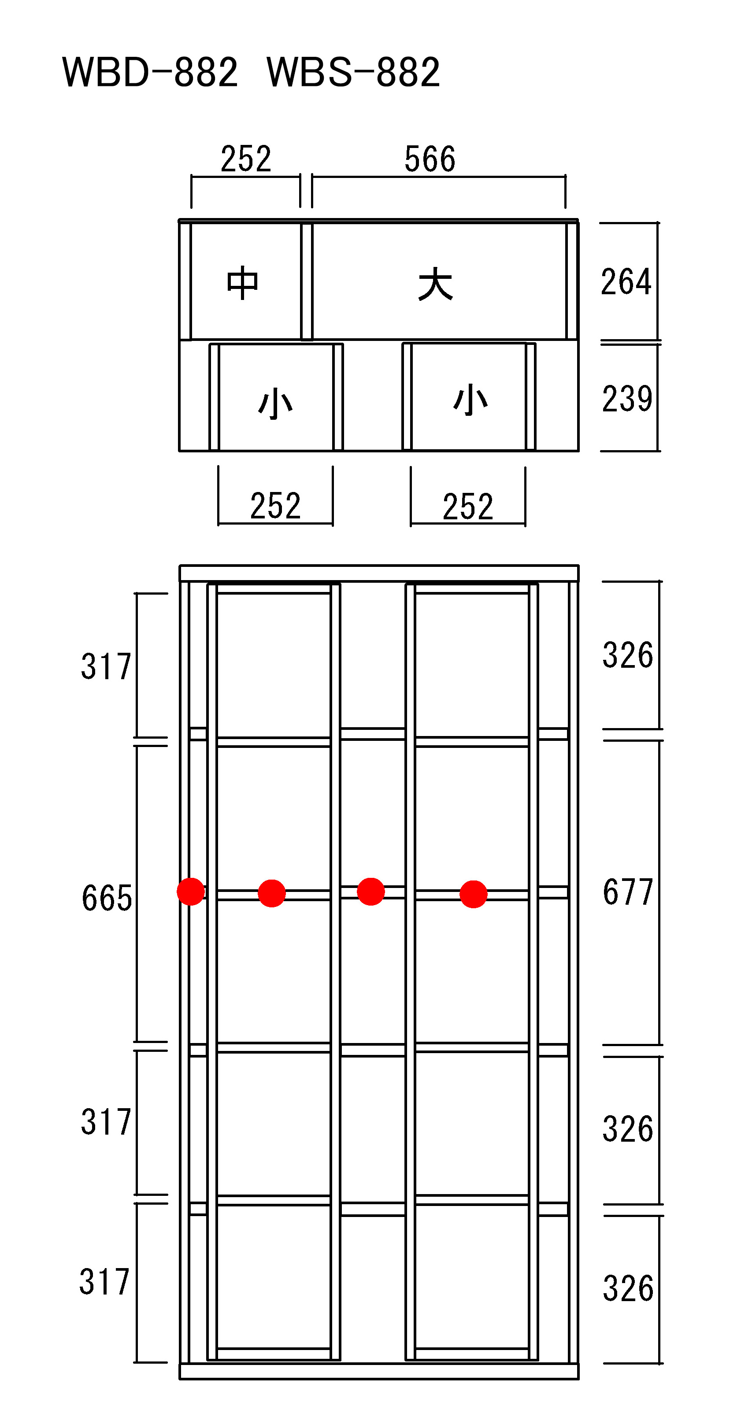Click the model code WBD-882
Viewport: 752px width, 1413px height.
coord(150,72)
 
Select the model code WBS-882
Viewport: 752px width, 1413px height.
coord(353,72)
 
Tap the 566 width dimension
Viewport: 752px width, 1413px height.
coord(430,159)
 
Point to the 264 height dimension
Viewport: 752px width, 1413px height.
coord(626,282)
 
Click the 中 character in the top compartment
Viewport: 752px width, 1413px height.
coord(242,283)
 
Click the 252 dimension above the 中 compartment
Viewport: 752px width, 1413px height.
coord(246,159)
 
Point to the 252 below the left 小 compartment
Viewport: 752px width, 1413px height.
coord(275,506)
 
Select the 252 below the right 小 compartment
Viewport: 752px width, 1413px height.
coord(468,506)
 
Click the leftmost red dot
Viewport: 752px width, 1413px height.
coord(191,891)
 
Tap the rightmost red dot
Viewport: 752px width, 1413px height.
coord(474,894)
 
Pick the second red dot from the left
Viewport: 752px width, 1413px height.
coord(271,893)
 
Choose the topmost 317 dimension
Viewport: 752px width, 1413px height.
coord(106,666)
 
